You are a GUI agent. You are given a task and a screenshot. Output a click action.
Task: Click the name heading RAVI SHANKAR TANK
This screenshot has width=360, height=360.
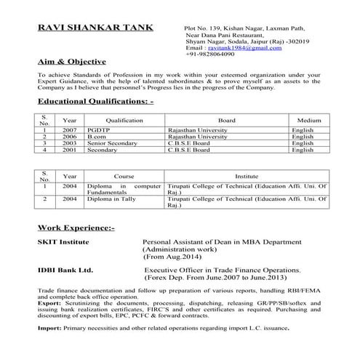pos(95,28)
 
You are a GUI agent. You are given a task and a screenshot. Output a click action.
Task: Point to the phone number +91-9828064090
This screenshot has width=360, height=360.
pos(210,54)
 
